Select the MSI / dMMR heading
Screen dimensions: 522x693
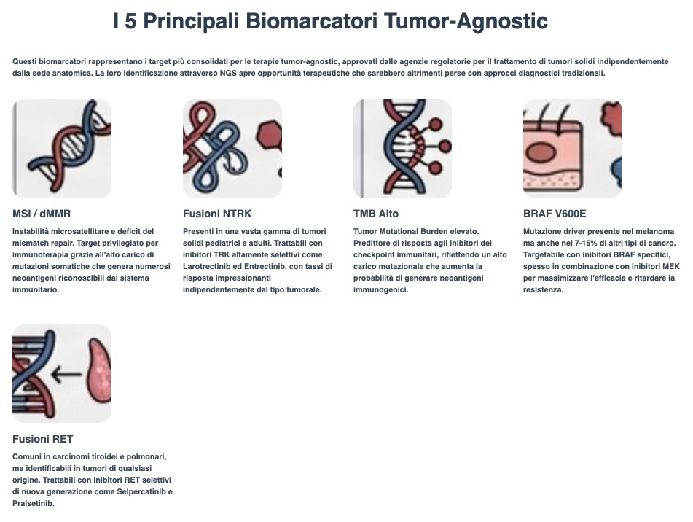(42, 214)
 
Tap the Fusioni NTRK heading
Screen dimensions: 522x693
(216, 214)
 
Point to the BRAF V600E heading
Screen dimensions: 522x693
(554, 214)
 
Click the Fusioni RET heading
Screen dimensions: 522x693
(42, 439)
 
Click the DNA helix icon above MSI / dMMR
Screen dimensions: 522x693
(62, 149)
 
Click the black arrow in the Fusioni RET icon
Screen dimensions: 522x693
(66, 374)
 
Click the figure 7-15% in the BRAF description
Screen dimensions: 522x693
(588, 243)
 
